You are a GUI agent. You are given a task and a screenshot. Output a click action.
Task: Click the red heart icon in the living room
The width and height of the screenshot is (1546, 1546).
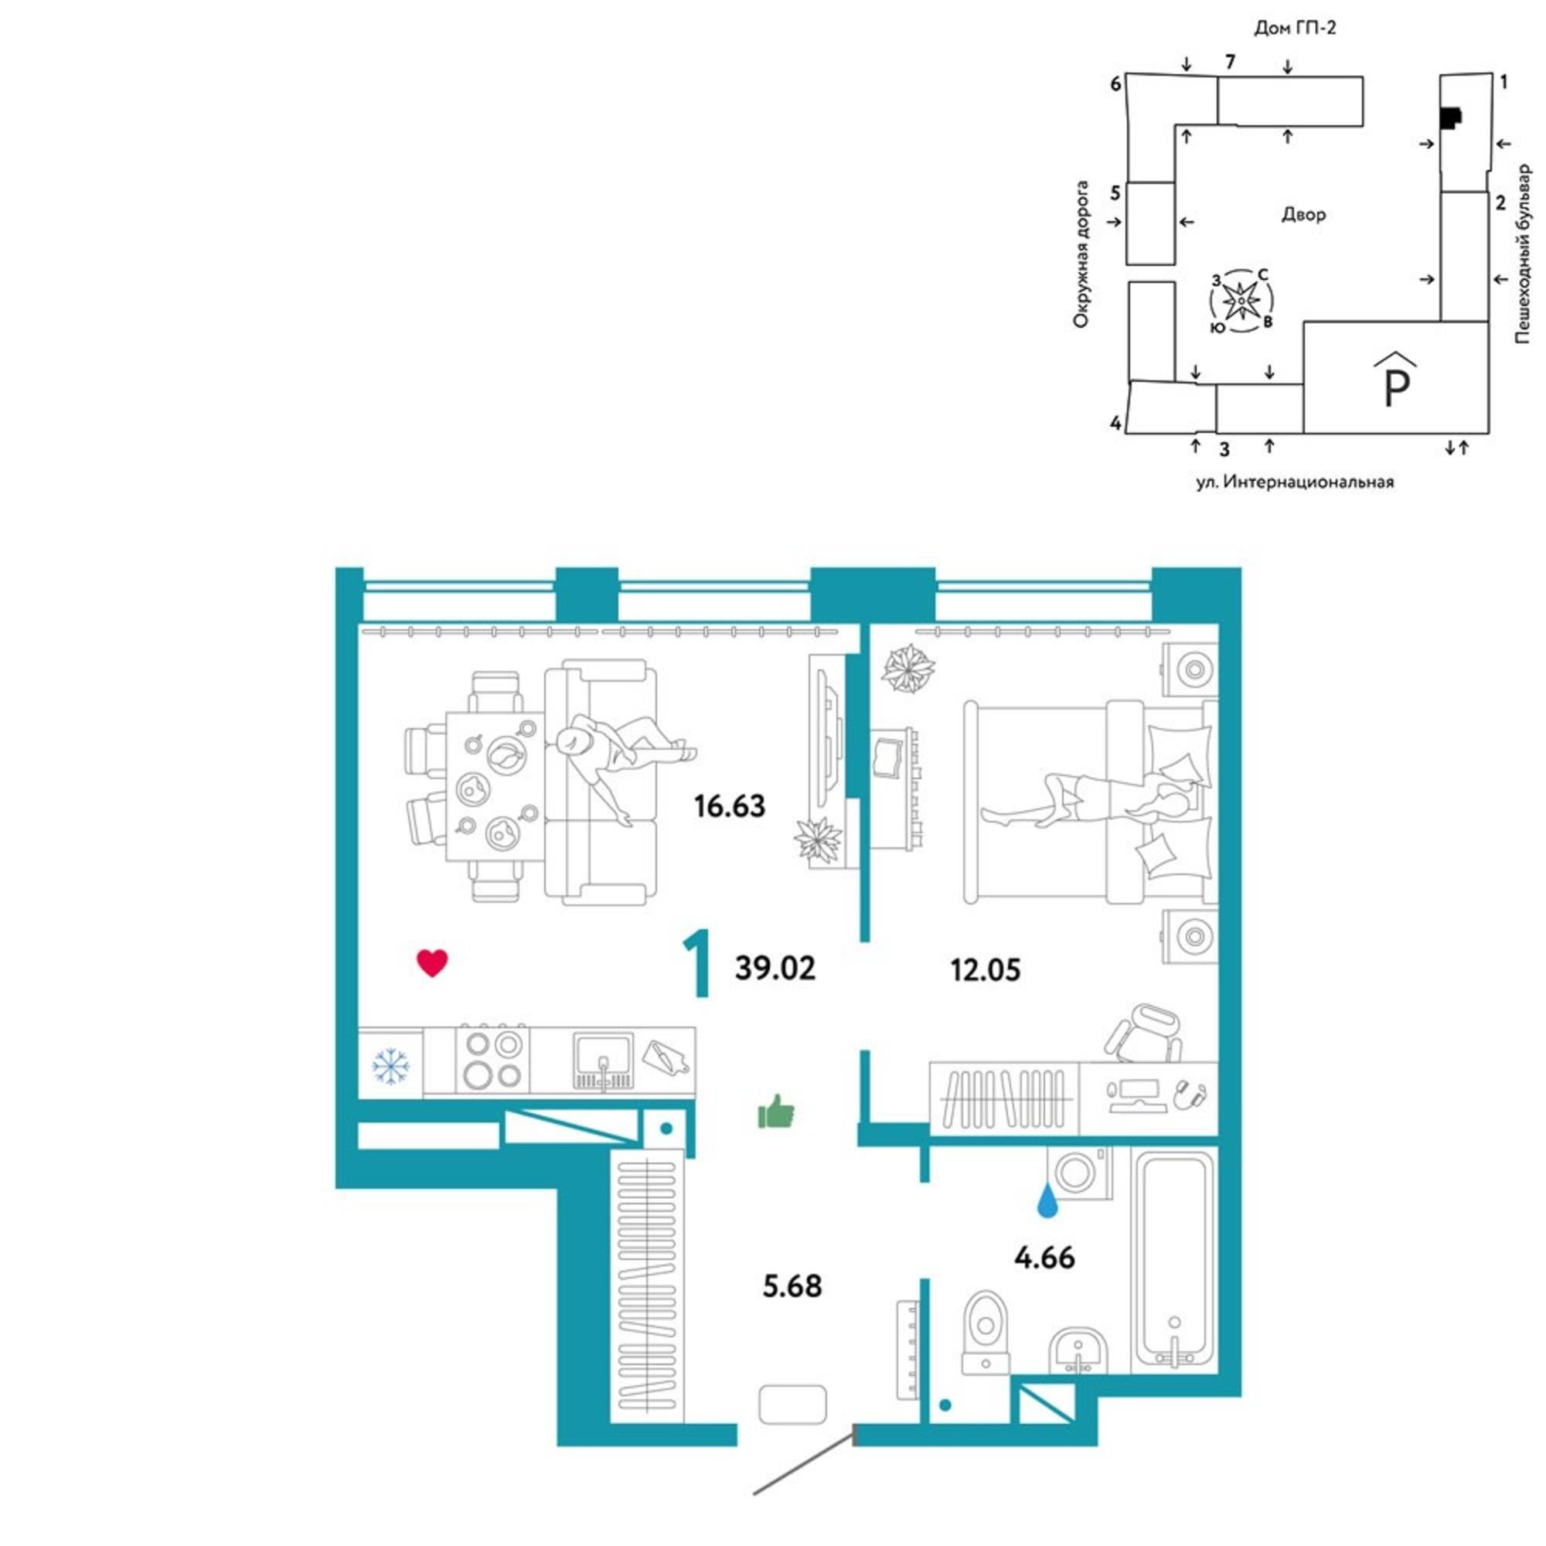click(x=432, y=962)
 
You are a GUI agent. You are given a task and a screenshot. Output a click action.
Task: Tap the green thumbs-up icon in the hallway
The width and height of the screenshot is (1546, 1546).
click(x=775, y=1112)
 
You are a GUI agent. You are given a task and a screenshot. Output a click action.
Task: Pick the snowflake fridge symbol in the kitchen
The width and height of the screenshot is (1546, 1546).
click(x=390, y=1065)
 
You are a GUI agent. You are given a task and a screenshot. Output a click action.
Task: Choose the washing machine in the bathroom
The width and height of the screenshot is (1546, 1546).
click(x=1078, y=1173)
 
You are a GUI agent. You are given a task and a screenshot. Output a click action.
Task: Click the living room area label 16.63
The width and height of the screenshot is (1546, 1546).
click(x=730, y=805)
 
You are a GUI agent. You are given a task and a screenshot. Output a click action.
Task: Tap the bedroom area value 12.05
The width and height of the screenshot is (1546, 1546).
click(x=985, y=971)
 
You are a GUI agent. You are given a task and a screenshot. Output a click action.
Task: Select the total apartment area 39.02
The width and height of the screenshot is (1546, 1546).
click(x=775, y=969)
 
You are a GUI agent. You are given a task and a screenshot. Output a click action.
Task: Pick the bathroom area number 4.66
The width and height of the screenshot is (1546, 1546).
click(x=1044, y=1258)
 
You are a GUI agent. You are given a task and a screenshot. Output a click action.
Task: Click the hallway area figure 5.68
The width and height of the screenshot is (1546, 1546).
click(x=792, y=1287)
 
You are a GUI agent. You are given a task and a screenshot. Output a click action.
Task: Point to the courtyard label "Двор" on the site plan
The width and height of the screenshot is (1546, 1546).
click(x=1303, y=214)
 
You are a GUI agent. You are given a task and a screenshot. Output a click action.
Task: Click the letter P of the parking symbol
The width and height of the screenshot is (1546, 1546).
click(x=1396, y=389)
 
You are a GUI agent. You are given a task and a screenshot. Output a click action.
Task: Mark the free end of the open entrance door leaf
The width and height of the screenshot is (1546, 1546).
click(x=754, y=1494)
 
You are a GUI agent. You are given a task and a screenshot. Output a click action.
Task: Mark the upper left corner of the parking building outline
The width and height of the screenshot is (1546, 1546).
click(x=1303, y=322)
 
